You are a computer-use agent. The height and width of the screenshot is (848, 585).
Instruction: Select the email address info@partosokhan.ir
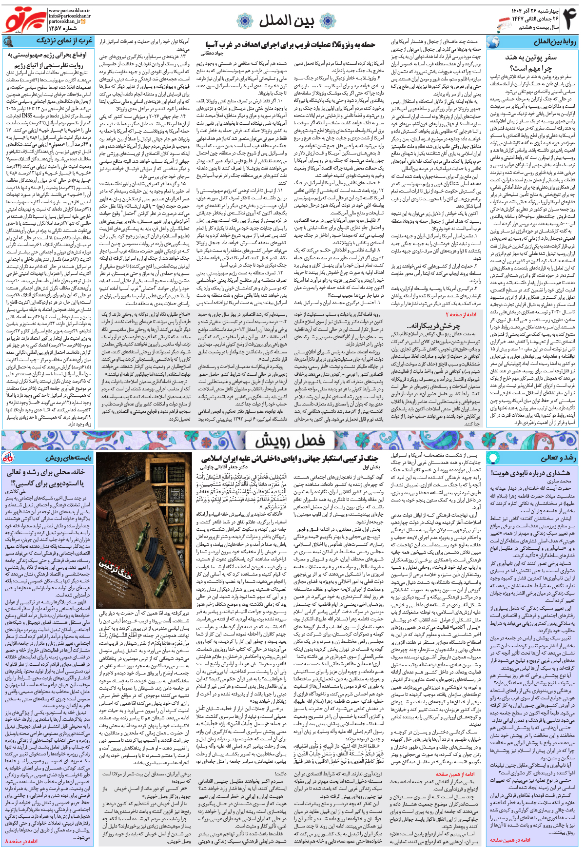tap(69, 16)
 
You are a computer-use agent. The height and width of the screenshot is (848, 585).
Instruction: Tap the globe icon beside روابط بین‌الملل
tap(494, 42)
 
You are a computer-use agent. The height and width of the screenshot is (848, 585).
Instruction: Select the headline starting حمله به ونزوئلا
tap(291, 45)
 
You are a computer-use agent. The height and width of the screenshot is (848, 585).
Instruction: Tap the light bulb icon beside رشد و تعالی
tap(493, 458)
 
